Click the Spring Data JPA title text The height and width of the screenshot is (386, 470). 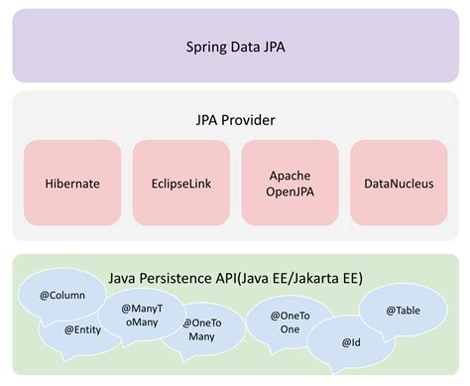(x=235, y=47)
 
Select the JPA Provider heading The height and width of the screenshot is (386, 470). (x=235, y=119)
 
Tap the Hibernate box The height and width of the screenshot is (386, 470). (x=72, y=184)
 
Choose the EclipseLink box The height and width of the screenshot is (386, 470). (x=180, y=184)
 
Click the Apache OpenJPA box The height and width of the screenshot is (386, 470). (x=290, y=184)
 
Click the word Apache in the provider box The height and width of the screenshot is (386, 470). (x=290, y=175)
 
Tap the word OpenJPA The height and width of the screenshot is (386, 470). (x=290, y=193)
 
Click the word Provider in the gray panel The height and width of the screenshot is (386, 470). (x=250, y=119)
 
